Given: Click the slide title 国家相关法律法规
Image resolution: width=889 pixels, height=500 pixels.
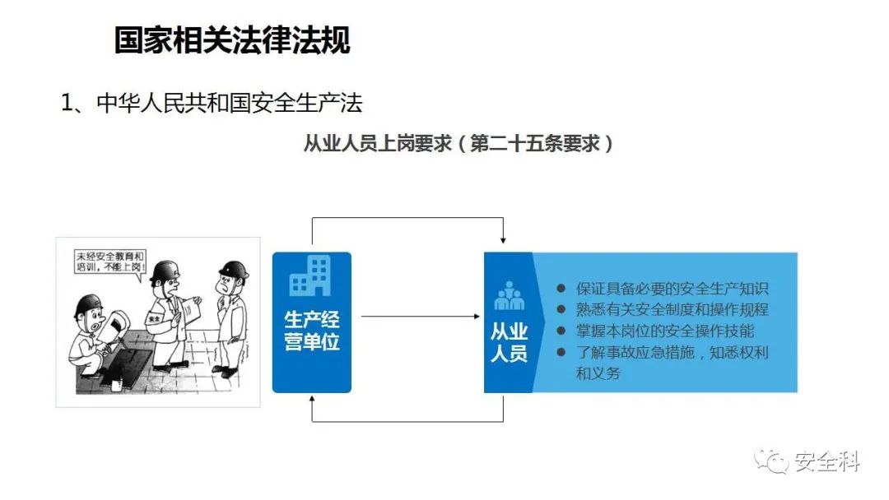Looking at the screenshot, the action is coord(232,40).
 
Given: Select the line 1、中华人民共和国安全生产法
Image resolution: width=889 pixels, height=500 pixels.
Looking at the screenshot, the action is coord(212,103).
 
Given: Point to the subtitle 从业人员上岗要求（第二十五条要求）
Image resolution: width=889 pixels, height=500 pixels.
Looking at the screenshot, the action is coord(458,143).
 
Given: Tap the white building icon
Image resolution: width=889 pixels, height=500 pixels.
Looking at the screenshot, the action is coord(310,275).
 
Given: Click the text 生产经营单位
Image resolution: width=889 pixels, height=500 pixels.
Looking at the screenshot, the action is coord(312,331).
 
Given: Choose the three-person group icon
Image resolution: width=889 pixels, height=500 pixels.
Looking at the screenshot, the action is coord(509,295).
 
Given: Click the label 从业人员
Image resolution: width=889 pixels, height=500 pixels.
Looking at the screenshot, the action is coord(509,342).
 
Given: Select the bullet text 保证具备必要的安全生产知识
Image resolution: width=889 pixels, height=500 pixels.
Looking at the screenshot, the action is coord(672,289).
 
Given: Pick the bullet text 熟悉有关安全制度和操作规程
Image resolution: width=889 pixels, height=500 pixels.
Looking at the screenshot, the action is coord(672,310).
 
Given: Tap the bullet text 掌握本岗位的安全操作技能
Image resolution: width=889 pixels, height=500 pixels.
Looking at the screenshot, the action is coord(665,331).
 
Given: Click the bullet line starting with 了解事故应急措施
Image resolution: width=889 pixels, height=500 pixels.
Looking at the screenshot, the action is coord(672,352).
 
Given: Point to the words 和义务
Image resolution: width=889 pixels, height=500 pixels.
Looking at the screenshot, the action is coord(598,373).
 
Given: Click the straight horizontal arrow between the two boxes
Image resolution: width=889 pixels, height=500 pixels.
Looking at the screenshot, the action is coord(420,317).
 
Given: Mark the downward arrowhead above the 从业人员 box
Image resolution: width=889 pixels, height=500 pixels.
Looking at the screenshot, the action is coord(503,240).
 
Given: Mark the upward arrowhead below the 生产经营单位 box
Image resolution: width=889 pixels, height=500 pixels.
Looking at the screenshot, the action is coord(312,399).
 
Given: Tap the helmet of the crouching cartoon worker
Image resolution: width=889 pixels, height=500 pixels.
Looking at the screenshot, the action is coord(87,306).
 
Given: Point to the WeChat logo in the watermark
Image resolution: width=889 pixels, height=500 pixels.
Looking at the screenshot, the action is coord(771,461).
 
